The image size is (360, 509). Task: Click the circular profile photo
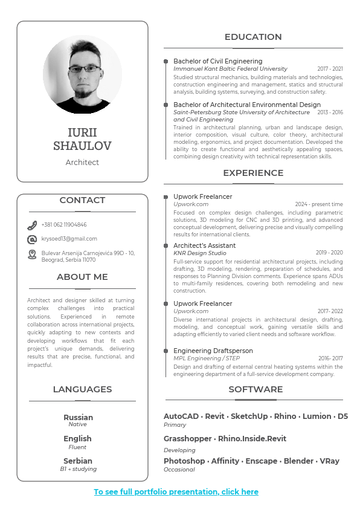tap(82, 74)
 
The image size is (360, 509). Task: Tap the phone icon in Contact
tap(32, 225)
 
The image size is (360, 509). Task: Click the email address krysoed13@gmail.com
tap(69, 239)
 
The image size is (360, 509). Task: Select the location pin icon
tap(32, 254)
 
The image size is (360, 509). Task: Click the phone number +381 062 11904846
tap(64, 225)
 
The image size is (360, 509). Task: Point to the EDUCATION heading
tap(253, 37)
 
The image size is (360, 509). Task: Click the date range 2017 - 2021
tap(330, 69)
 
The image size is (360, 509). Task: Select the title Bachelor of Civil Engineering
tap(217, 61)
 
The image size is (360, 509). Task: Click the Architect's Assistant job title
tap(204, 245)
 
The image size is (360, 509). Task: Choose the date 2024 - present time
tap(318, 204)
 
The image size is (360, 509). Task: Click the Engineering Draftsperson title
tap(213, 351)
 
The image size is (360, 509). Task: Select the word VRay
tap(329, 461)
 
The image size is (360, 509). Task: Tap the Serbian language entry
tap(78, 461)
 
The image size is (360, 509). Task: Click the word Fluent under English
tap(77, 447)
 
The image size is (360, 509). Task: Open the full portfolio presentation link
tap(176, 492)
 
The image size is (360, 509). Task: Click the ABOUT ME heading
tap(82, 277)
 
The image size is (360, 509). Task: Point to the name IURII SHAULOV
tap(82, 139)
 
